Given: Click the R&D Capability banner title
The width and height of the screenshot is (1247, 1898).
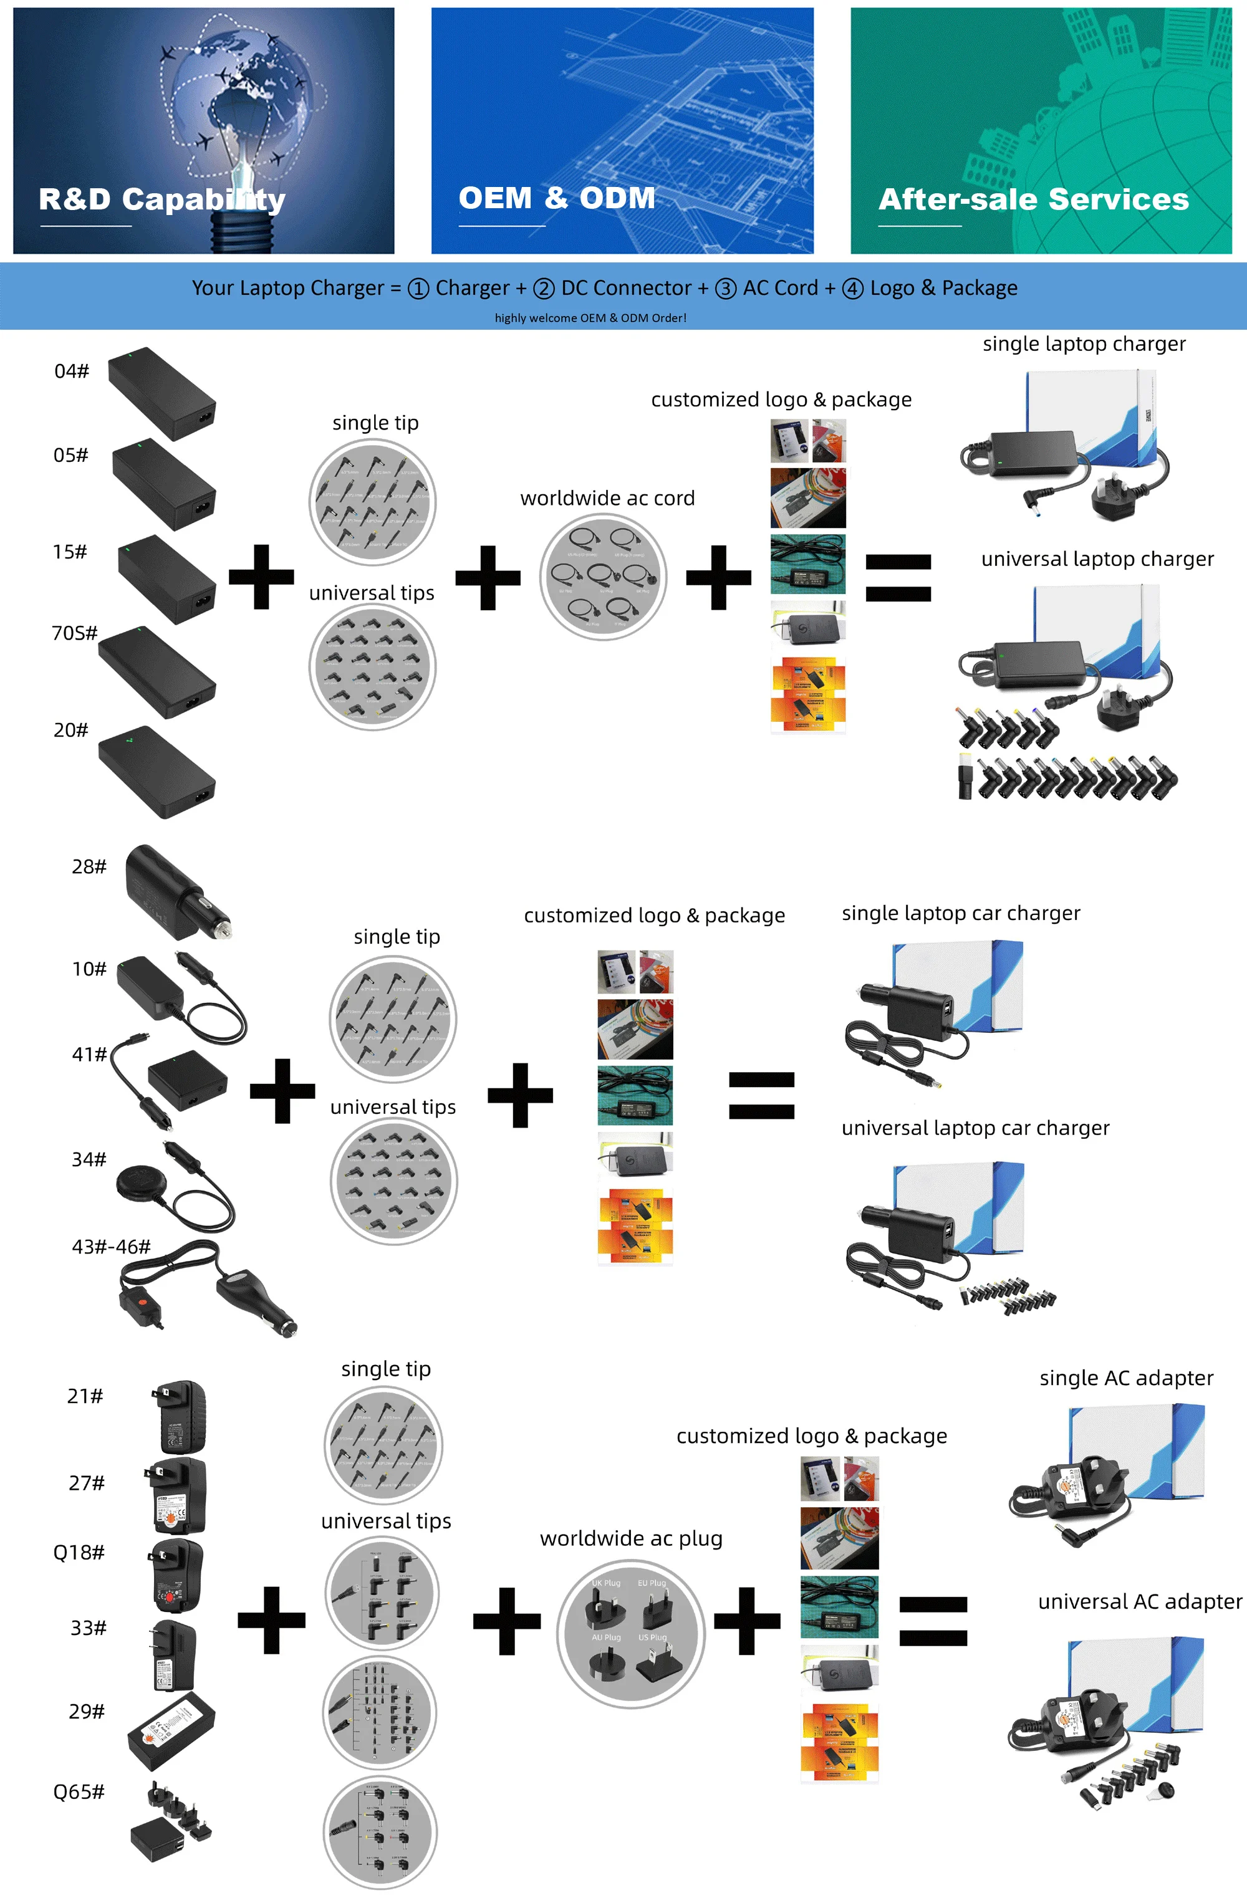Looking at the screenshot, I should [162, 199].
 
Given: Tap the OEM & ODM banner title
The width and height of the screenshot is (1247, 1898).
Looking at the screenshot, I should [557, 198].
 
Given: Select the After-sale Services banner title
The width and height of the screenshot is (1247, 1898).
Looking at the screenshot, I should [1033, 199].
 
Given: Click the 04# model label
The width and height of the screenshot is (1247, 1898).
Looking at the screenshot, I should [72, 371].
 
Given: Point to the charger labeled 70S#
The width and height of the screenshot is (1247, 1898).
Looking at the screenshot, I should [157, 673].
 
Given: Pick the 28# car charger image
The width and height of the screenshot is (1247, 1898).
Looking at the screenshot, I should [177, 891].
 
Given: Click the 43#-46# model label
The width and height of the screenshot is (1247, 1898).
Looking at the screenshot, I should [111, 1247].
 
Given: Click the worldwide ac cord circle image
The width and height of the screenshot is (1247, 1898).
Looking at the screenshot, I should [603, 577].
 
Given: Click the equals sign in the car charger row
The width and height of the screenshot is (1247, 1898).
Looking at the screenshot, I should [761, 1096].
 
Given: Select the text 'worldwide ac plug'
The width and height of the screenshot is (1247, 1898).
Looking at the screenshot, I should [631, 1538].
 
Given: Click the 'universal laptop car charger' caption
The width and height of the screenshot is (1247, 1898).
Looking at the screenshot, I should [975, 1128].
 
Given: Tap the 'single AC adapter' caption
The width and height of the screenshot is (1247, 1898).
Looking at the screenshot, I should [1126, 1378].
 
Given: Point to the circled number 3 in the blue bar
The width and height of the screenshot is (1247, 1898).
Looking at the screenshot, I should [725, 289].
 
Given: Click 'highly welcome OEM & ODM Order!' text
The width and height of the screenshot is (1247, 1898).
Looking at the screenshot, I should [590, 317].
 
